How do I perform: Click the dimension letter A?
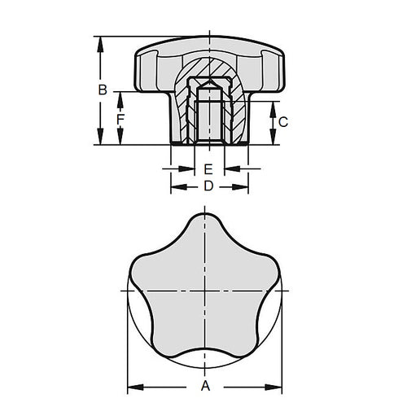pyautogui.click(x=207, y=386)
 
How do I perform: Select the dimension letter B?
pyautogui.click(x=103, y=90)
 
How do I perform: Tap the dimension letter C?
pyautogui.click(x=282, y=121)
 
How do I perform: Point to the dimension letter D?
pyautogui.click(x=208, y=186)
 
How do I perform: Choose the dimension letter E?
pyautogui.click(x=208, y=169)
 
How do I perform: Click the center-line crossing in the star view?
pyautogui.click(x=208, y=291)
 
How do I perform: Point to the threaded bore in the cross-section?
pyautogui.click(x=208, y=122)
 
